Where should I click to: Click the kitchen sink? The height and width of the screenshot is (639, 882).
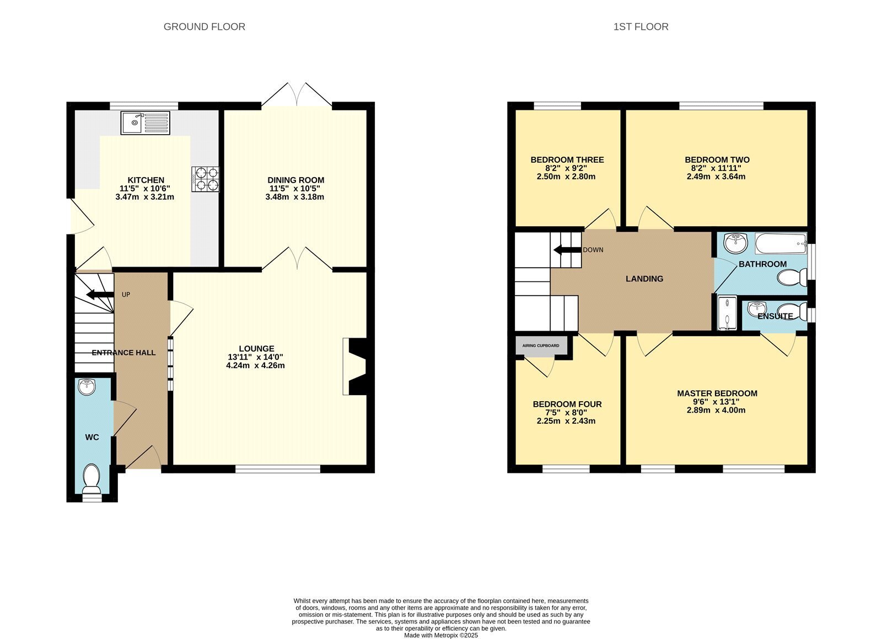pyautogui.click(x=146, y=123)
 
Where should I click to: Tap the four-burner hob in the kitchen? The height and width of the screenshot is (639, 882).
pyautogui.click(x=206, y=179)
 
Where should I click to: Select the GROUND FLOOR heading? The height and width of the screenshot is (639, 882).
pyautogui.click(x=205, y=27)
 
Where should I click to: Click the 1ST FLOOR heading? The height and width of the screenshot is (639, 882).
pyautogui.click(x=641, y=27)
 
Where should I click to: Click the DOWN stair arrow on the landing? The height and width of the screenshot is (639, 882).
pyautogui.click(x=567, y=250)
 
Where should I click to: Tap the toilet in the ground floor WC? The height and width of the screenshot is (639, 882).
pyautogui.click(x=92, y=478)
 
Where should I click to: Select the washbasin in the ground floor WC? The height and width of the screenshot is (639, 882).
pyautogui.click(x=87, y=387)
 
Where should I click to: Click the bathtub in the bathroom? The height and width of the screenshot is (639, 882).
pyautogui.click(x=781, y=243)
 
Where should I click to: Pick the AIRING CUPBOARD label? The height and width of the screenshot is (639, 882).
pyautogui.click(x=541, y=346)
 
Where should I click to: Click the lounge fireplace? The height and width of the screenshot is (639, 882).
pyautogui.click(x=355, y=366)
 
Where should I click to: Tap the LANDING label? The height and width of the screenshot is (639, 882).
pyautogui.click(x=644, y=279)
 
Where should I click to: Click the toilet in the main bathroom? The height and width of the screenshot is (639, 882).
pyautogui.click(x=792, y=278)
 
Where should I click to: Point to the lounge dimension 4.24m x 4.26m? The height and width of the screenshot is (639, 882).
pyautogui.click(x=256, y=365)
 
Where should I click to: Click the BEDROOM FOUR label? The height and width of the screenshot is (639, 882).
pyautogui.click(x=567, y=404)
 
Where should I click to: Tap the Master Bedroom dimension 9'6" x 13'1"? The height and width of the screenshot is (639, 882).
pyautogui.click(x=716, y=402)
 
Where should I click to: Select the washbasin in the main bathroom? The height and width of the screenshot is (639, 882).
pyautogui.click(x=736, y=243)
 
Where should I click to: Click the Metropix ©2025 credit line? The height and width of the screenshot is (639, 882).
pyautogui.click(x=441, y=635)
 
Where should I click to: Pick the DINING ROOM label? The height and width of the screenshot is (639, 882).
pyautogui.click(x=295, y=180)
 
